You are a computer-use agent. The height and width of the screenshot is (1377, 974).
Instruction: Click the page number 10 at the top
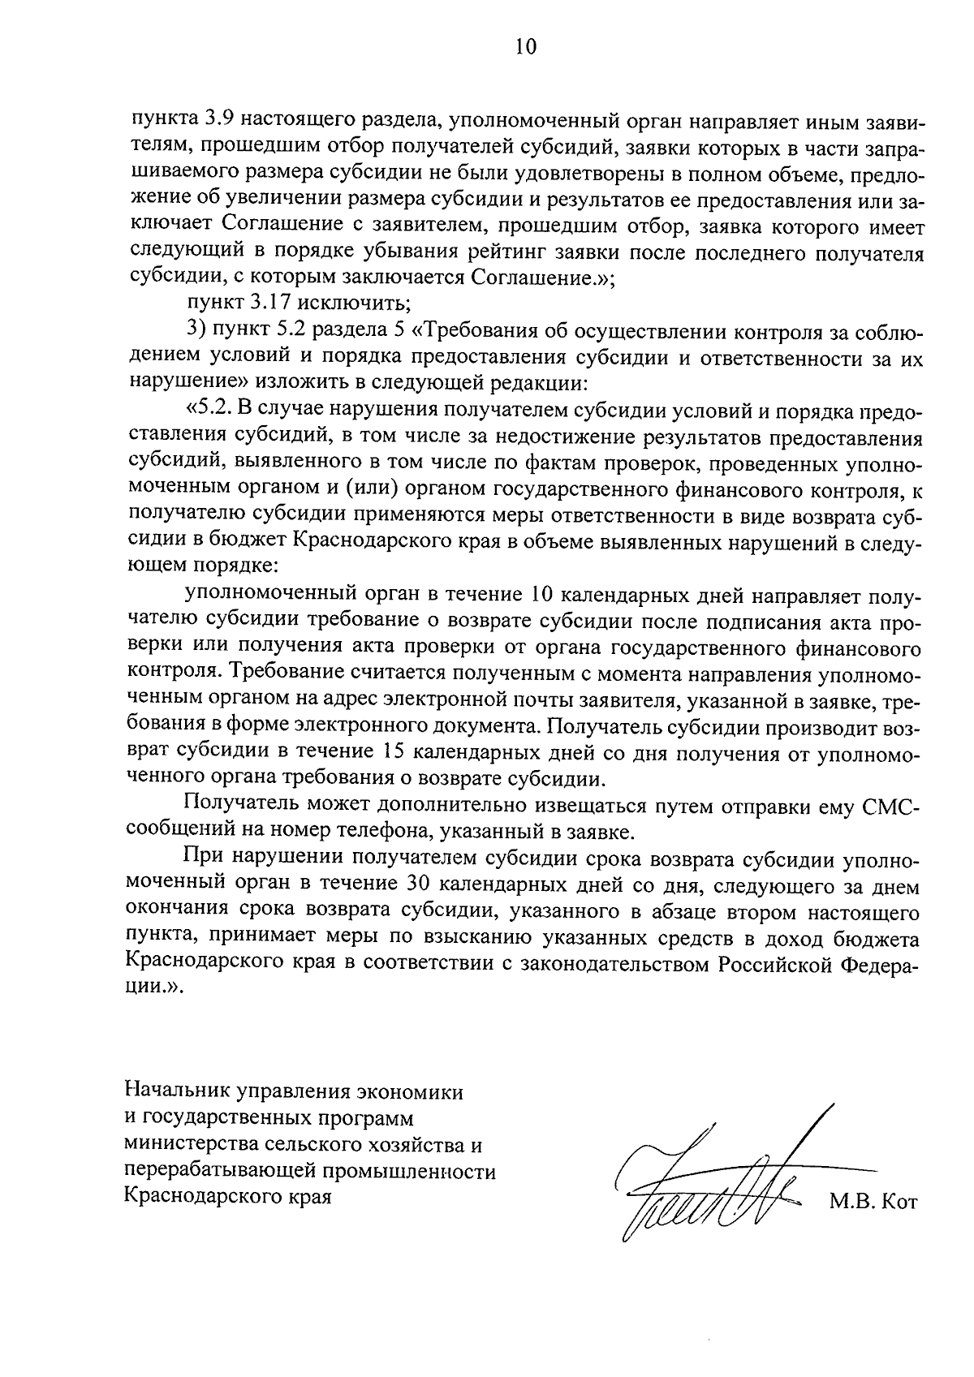(525, 47)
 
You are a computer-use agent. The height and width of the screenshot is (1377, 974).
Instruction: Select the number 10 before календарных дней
(542, 594)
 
